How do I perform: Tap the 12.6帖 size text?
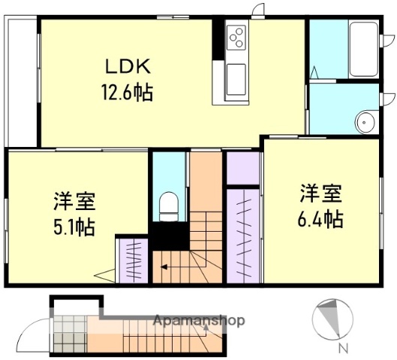127,94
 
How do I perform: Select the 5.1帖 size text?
74,226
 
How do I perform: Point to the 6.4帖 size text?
323,218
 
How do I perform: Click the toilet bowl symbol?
169,205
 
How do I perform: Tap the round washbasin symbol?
365,121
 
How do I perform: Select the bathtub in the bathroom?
364,49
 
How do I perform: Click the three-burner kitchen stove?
236,37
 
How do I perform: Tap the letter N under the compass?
342,348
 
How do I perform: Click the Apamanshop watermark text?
199,321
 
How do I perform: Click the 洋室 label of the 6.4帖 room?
322,193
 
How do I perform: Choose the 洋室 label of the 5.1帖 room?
74,202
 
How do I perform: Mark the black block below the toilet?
170,237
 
